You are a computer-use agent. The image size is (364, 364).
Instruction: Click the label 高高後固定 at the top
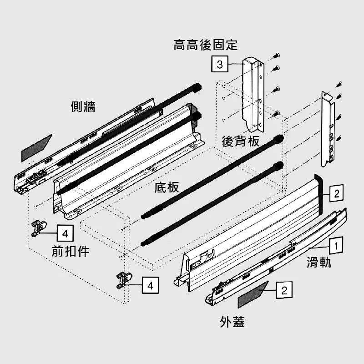205,45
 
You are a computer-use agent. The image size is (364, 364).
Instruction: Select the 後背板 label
241,142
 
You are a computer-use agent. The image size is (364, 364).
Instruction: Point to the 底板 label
167,187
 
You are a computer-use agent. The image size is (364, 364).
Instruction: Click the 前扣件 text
71,252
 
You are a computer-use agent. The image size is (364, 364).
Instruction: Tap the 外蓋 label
232,322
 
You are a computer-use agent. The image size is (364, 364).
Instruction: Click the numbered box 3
220,65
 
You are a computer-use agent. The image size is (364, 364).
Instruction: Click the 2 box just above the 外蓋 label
283,290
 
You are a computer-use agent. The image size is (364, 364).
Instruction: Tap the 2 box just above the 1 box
335,194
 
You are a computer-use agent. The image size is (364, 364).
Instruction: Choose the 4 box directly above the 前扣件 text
65,234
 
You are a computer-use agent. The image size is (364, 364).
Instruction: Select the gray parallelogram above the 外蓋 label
253,295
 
